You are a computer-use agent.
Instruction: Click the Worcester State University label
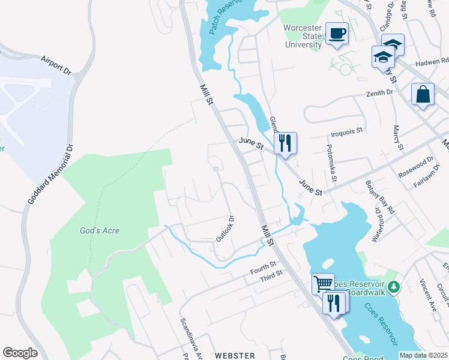303,35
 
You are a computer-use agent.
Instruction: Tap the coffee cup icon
337,34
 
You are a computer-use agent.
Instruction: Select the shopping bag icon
423,95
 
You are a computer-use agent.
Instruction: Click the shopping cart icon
323,283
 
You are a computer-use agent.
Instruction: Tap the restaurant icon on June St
286,143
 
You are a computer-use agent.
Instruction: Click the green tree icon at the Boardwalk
393,287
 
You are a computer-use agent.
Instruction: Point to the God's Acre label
100,230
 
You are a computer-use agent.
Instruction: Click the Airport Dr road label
56,64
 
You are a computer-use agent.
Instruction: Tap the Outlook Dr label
224,229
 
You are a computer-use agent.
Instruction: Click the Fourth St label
264,268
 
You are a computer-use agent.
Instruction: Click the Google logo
20,353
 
